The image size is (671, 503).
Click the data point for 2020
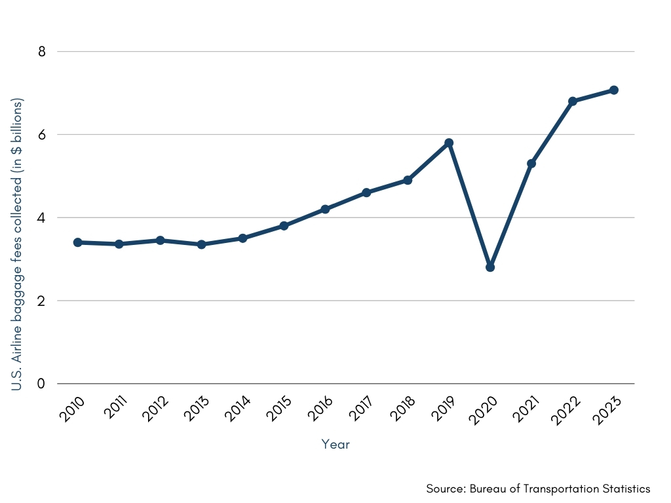[490, 267]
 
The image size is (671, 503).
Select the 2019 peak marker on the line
[449, 143]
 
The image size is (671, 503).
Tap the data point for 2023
[614, 90]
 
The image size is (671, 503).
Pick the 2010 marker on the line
[77, 242]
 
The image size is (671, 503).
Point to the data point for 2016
[325, 209]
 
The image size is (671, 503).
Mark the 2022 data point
[573, 101]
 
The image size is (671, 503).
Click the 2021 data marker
[531, 163]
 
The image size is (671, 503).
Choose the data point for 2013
[201, 244]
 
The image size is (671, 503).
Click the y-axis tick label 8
[41, 51]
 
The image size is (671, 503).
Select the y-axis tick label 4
[41, 217]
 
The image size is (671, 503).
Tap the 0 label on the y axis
[41, 384]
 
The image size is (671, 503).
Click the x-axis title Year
[335, 444]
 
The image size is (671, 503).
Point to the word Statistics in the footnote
[626, 489]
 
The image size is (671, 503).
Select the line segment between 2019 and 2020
[469, 205]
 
